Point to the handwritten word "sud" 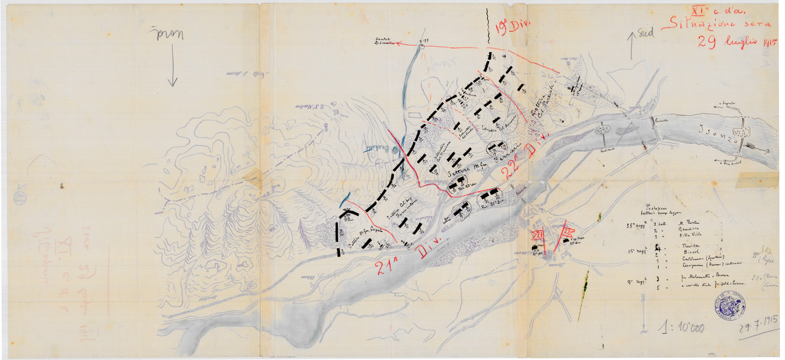pos(646,33)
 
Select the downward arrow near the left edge pos(172,65)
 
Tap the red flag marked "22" pos(566,230)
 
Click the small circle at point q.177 pos(422,46)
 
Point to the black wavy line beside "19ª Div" pos(488,24)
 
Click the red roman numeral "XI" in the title pos(698,9)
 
